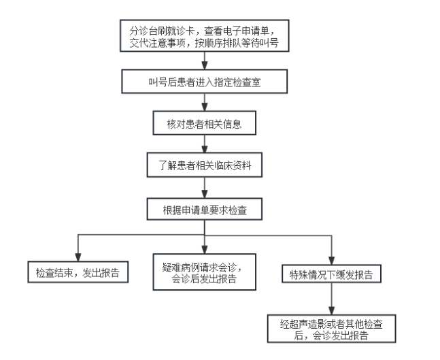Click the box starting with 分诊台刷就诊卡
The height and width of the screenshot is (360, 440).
click(205, 35)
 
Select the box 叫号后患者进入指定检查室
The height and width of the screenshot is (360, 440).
click(205, 82)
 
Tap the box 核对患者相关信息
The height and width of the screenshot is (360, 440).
click(205, 123)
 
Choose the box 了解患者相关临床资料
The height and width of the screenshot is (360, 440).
click(205, 165)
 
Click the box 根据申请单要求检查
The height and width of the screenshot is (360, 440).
click(205, 209)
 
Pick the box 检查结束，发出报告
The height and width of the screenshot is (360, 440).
click(78, 272)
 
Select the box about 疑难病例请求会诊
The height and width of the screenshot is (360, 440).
click(205, 272)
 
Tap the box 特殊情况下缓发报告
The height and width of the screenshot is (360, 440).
click(331, 274)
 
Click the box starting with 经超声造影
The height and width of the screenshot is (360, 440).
click(331, 329)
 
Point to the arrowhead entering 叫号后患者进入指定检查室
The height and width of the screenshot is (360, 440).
click(205, 66)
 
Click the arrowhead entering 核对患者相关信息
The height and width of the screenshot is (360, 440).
click(205, 108)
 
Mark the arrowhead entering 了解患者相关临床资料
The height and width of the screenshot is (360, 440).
click(205, 149)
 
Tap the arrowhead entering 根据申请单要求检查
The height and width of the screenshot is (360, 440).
click(205, 195)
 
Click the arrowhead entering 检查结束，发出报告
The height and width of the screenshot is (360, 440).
click(78, 257)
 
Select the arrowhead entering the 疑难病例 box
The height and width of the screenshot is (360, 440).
click(205, 250)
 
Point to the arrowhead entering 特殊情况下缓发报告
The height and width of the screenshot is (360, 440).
click(331, 261)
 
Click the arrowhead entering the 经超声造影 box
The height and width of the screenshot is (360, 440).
click(331, 311)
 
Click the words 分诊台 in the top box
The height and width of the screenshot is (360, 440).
click(143, 31)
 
